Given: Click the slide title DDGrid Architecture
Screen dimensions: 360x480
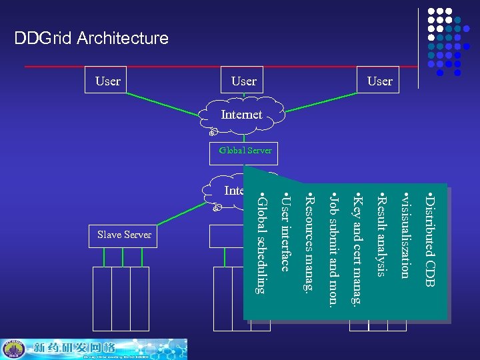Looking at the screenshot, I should coord(91,38).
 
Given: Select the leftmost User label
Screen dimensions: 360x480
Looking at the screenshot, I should coord(108,81).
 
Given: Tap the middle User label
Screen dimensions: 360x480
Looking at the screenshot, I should coord(243,81).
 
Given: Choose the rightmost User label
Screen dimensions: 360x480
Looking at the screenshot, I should coord(380,81).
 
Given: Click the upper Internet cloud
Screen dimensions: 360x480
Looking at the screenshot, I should coord(241,115).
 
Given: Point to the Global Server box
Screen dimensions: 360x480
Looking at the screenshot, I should coord(245,151).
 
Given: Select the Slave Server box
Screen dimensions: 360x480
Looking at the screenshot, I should coord(124,235).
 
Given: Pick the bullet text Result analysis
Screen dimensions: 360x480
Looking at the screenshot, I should coord(382,234).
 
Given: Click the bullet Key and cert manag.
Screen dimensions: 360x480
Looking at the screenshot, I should coord(358,251).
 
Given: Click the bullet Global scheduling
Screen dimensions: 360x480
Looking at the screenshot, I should coord(261,244).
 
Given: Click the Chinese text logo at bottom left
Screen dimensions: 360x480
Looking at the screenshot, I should coord(77,349).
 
